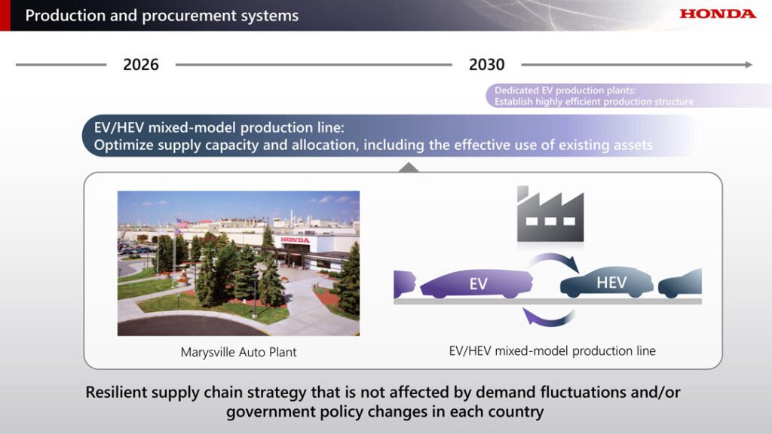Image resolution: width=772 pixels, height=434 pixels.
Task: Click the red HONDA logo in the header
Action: coord(718,14)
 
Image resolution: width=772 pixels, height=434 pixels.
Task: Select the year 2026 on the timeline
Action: coord(141,65)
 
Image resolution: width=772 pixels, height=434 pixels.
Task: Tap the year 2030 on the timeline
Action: coord(486,65)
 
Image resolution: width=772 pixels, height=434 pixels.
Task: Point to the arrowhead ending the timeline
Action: coord(749,65)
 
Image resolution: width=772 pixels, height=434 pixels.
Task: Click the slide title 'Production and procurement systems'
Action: coord(162,16)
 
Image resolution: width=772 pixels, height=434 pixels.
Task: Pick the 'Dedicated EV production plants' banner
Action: coord(628,96)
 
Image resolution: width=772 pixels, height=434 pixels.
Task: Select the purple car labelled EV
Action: coord(476,283)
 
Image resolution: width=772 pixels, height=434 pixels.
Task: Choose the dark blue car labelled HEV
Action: coord(607,283)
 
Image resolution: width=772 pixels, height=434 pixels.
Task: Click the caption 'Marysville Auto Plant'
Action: coord(239,353)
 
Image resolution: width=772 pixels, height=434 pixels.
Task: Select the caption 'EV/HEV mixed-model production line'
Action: coord(553,351)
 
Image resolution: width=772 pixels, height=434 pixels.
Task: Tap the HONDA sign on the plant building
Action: coord(296,240)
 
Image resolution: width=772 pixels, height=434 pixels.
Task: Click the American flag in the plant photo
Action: coord(183,224)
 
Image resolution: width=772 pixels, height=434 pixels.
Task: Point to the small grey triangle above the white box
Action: coord(409,168)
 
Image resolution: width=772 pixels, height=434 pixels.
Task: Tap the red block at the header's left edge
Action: coord(5,15)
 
